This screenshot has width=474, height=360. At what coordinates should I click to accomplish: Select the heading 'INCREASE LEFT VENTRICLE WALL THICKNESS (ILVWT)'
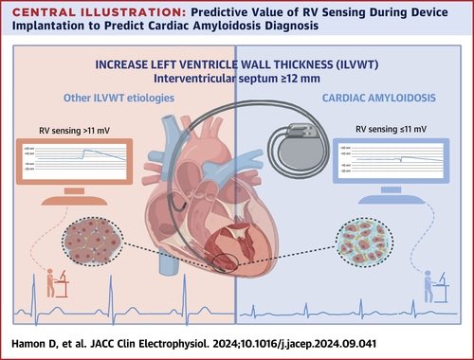click(x=237, y=64)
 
